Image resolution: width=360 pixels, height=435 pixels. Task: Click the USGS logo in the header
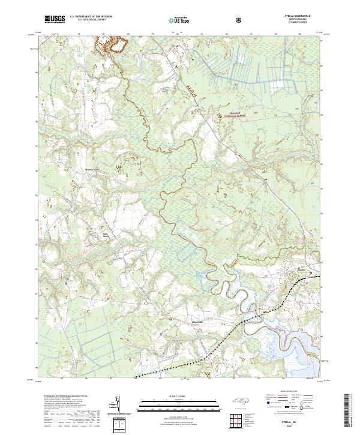tap(54, 19)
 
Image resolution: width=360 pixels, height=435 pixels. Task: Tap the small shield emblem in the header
tap(240, 19)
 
